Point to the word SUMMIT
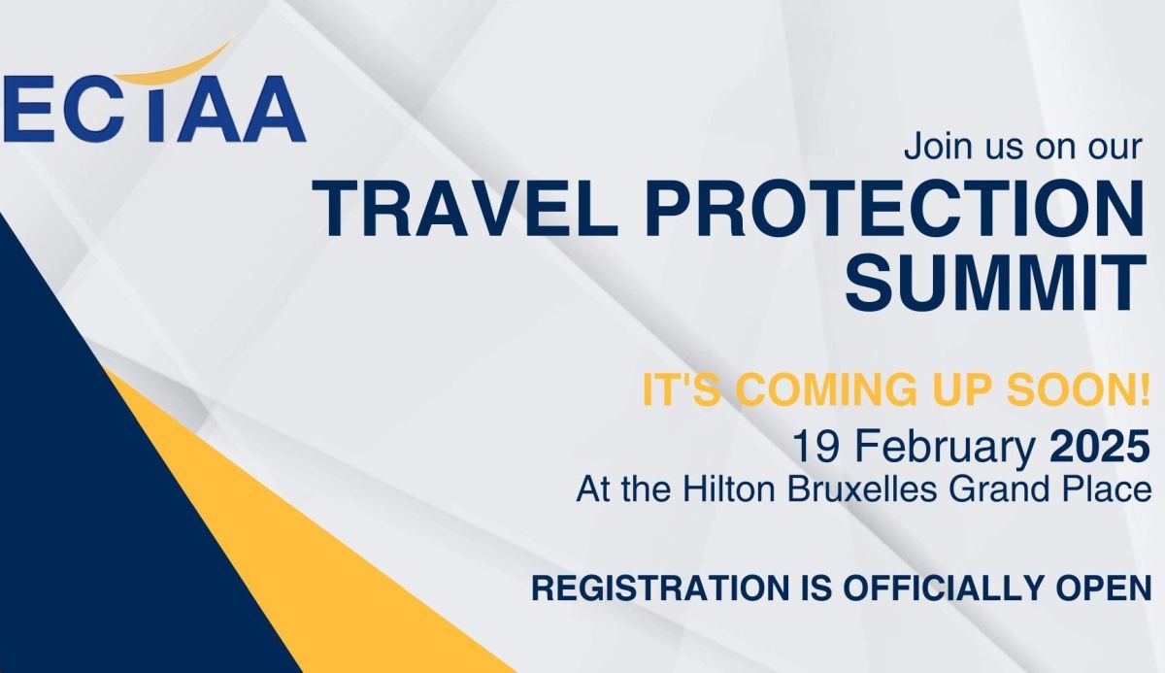[995, 282]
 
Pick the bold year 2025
[1099, 447]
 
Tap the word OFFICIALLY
[942, 589]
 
